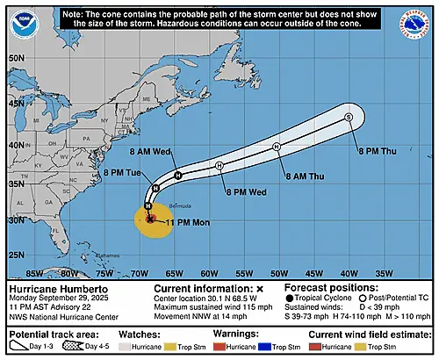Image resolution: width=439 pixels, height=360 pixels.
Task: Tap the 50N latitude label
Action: pyautogui.click(x=15, y=58)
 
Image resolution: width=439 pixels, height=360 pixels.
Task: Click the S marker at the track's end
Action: pyautogui.click(x=349, y=118)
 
